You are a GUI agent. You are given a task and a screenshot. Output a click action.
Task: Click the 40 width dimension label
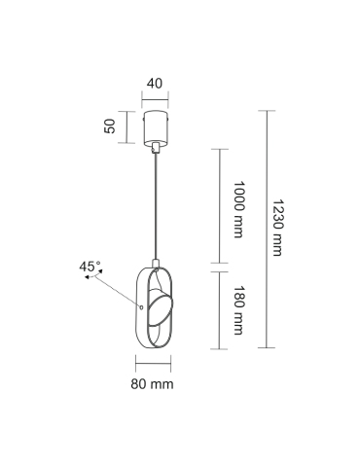click(x=155, y=84)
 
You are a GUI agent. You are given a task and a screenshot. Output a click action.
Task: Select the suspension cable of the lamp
click(x=155, y=204)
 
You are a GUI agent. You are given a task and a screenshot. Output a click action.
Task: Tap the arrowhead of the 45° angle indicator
click(x=87, y=278)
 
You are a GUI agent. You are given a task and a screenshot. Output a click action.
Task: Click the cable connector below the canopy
click(x=155, y=147)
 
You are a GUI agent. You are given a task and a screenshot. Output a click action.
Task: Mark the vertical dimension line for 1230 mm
click(x=264, y=229)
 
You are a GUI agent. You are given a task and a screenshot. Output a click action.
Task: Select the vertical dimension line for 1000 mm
click(x=221, y=205)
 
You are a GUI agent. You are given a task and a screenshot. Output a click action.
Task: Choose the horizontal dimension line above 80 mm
click(x=154, y=367)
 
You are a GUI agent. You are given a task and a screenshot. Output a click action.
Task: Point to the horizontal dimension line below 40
click(x=155, y=97)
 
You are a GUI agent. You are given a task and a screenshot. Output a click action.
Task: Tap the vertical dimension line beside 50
click(x=124, y=126)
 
